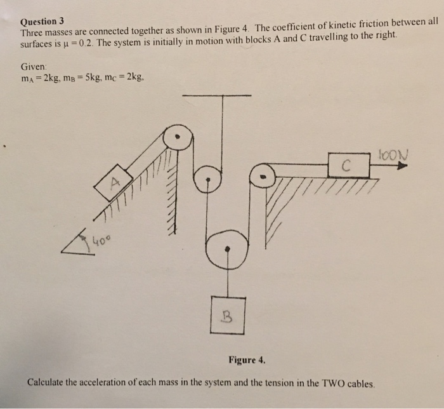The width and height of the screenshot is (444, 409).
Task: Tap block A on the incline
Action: (114, 182)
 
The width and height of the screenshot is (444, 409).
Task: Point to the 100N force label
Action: (392, 154)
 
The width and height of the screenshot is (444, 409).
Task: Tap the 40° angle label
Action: (101, 241)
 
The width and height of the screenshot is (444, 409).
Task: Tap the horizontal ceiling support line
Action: (216, 97)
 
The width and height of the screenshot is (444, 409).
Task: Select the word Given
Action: (33, 65)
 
